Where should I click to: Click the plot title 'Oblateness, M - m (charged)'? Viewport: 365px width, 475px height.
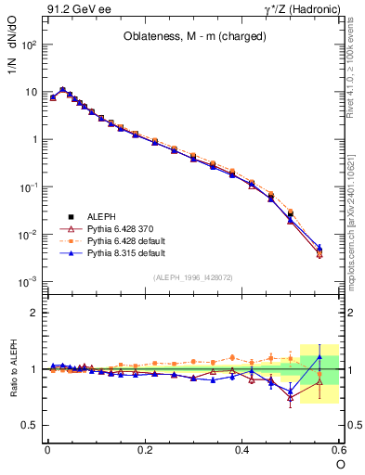(195, 37)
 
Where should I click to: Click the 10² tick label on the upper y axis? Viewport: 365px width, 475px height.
(27, 45)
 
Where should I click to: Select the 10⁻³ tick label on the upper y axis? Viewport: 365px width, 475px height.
(27, 281)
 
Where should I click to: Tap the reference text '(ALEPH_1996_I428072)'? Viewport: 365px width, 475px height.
(193, 276)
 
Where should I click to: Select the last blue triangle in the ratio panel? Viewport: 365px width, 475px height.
(319, 357)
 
